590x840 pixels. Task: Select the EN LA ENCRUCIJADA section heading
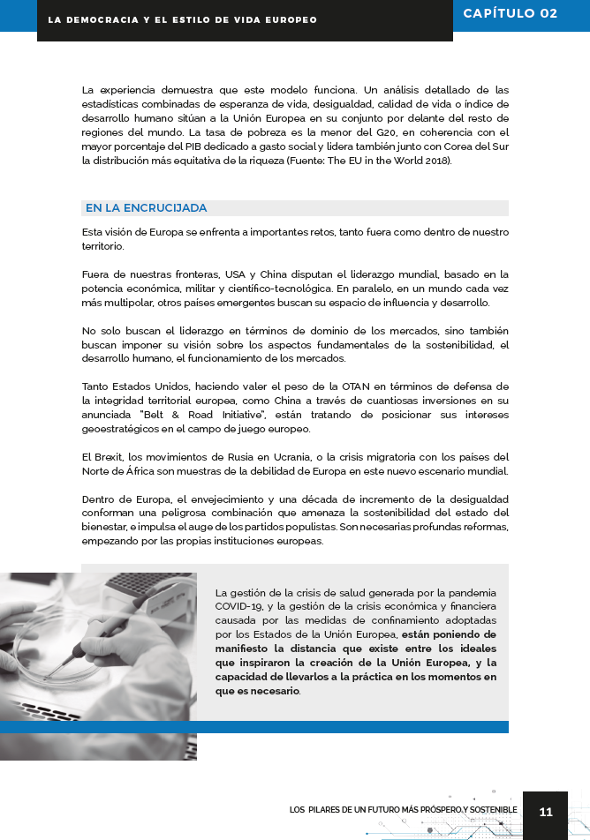click(x=146, y=208)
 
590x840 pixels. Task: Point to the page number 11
click(x=545, y=812)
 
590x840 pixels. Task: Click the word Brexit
click(x=110, y=457)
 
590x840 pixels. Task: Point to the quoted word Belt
click(x=157, y=415)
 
